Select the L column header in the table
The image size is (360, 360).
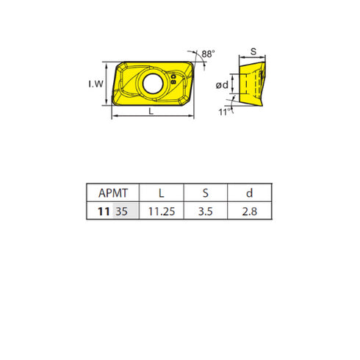[162, 193]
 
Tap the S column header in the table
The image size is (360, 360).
[205, 193]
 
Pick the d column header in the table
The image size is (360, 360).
[249, 193]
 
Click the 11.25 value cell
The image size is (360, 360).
[162, 211]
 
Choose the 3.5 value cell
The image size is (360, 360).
[205, 211]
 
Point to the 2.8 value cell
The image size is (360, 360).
[249, 211]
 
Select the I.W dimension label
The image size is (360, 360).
[96, 84]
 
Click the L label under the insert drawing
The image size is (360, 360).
[151, 112]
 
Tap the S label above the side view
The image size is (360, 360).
[253, 52]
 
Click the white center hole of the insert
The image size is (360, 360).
[154, 82]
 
